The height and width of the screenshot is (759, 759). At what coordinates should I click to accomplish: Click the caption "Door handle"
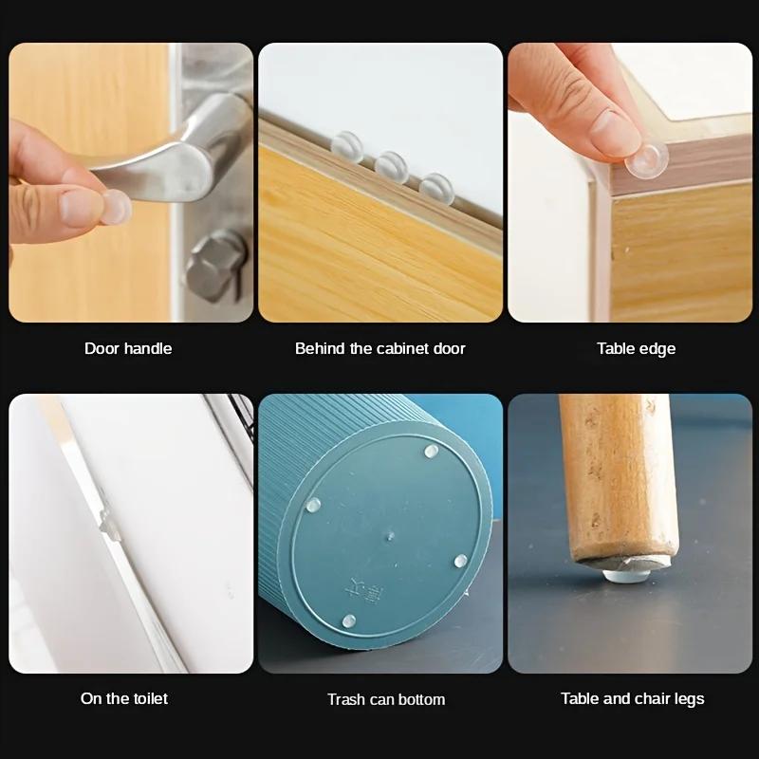tap(128, 348)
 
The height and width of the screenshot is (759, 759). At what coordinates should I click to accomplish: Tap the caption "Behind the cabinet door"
tap(379, 348)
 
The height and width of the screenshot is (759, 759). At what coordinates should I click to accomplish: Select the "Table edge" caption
tap(636, 348)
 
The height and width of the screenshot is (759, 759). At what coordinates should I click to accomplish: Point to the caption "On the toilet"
tap(124, 698)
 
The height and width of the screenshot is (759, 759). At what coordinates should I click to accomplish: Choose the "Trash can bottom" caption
tap(385, 699)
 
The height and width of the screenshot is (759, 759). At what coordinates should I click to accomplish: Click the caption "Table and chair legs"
tap(632, 698)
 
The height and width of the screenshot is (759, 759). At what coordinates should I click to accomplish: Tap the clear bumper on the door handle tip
tap(115, 206)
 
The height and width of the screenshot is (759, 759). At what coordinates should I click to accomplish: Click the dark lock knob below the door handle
tap(212, 268)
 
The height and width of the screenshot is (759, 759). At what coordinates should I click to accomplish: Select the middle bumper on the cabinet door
tap(390, 166)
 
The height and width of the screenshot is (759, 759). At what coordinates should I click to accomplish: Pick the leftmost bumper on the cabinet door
tap(345, 145)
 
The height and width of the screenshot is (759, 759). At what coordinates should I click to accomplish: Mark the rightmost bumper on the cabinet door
tap(435, 186)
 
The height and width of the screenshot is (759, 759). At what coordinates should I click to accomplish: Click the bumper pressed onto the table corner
tap(647, 157)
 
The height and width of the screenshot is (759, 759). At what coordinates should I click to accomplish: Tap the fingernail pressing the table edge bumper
tap(614, 133)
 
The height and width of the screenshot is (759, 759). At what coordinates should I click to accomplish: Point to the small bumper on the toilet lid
tap(107, 522)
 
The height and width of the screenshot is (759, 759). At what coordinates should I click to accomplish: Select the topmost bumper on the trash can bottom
tap(432, 451)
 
